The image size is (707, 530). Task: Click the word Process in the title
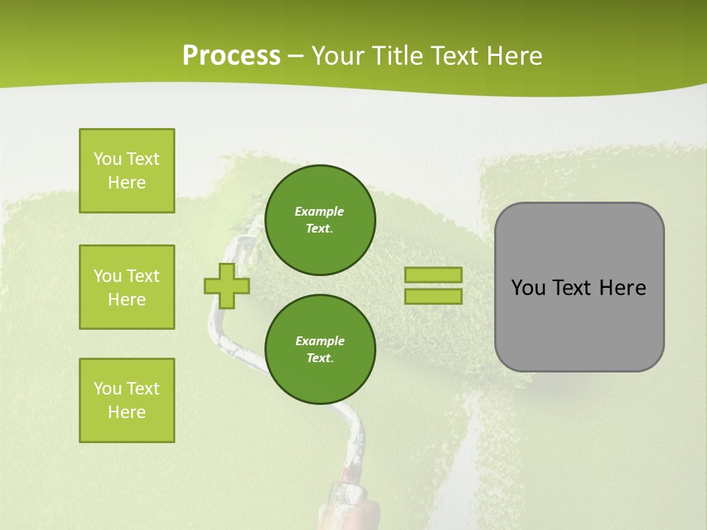pyautogui.click(x=231, y=56)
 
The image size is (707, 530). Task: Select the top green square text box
pyautogui.click(x=127, y=171)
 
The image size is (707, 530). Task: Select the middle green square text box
pyautogui.click(x=127, y=287)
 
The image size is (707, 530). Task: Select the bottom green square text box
pyautogui.click(x=127, y=400)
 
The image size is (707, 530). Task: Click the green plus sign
pyautogui.click(x=227, y=286)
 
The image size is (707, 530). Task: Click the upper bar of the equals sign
pyautogui.click(x=433, y=275)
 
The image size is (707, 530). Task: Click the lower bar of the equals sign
pyautogui.click(x=433, y=296)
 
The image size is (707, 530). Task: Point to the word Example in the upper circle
pyautogui.click(x=319, y=211)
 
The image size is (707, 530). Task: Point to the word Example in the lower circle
pyautogui.click(x=320, y=341)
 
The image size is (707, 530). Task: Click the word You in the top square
pyautogui.click(x=107, y=159)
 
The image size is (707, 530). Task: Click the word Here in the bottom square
pyautogui.click(x=127, y=412)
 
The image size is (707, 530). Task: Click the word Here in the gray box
pyautogui.click(x=622, y=288)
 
